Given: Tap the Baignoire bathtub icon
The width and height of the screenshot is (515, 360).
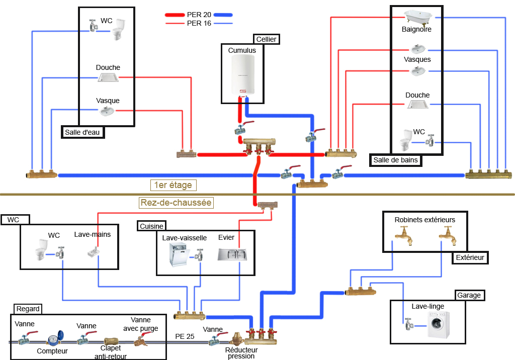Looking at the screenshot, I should click(x=417, y=18).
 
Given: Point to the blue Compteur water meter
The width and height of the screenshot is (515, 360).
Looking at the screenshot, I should click(x=52, y=340).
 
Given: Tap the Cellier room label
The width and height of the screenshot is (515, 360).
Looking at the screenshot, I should click(x=266, y=39).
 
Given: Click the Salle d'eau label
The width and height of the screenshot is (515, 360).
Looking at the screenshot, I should click(x=82, y=132).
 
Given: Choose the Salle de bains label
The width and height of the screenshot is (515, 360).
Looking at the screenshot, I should click(x=396, y=160).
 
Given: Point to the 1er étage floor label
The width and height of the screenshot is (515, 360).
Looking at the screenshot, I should click(x=173, y=185).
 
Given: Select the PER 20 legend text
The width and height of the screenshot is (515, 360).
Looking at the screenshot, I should click(x=199, y=15).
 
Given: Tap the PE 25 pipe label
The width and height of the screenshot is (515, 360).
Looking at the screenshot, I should click(x=185, y=336).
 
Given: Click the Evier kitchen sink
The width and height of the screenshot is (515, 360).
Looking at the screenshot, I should click(x=232, y=254).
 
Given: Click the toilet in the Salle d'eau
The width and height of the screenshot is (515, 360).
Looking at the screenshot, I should click(x=118, y=30).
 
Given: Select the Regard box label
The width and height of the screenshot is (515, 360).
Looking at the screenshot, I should click(x=28, y=309).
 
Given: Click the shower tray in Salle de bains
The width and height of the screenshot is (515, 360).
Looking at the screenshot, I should click(x=417, y=104).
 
